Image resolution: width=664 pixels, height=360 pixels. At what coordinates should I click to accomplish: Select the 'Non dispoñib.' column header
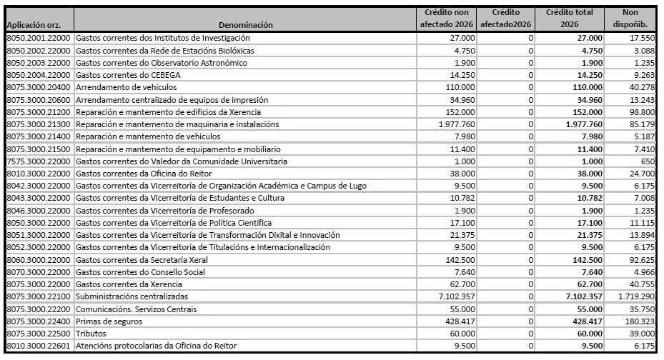630,19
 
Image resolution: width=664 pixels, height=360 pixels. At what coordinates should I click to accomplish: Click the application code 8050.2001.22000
39,38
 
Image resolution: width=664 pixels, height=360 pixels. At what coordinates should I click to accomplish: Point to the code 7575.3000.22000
39,161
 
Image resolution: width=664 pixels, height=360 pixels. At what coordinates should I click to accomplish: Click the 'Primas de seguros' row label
109,321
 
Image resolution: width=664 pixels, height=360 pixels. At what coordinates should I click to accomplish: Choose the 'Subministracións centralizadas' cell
132,296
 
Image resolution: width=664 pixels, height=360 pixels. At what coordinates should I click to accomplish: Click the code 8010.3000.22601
39,346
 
